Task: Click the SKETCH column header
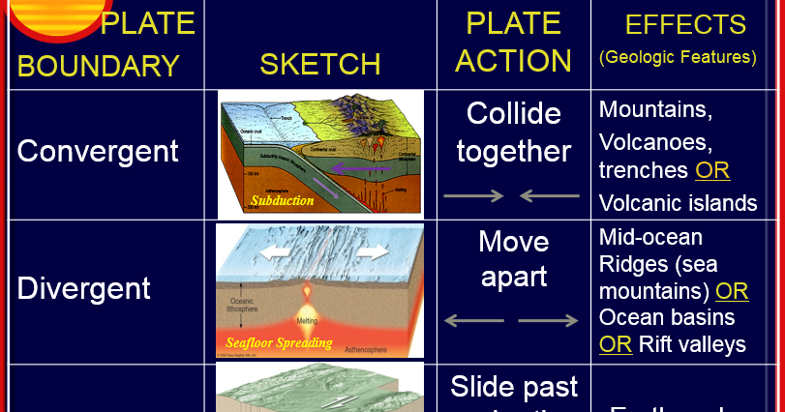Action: click(x=319, y=65)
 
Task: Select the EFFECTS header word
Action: click(x=685, y=24)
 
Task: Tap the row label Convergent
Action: click(x=98, y=151)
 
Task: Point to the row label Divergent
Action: click(x=84, y=288)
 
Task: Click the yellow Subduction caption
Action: click(x=283, y=201)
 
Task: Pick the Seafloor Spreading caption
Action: click(x=279, y=342)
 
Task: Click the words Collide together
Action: click(x=514, y=132)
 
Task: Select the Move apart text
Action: click(x=514, y=258)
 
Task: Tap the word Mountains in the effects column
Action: click(x=655, y=109)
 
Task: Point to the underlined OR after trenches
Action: click(x=712, y=170)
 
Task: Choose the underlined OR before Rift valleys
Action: click(x=616, y=344)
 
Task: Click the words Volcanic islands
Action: click(x=678, y=203)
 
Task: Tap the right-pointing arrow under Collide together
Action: click(x=473, y=195)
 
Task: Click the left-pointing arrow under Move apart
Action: click(x=473, y=320)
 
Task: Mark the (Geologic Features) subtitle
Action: click(x=678, y=57)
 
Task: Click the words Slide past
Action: click(x=514, y=387)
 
